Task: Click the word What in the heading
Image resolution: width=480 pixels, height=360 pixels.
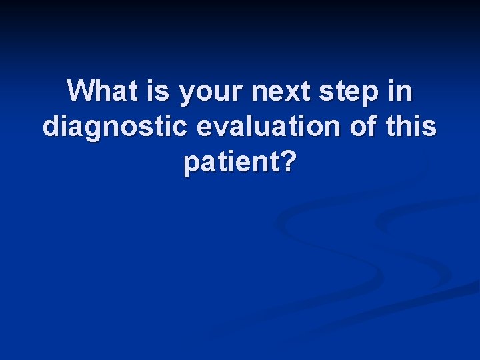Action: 105,91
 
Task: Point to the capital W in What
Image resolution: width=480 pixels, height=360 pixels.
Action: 81,91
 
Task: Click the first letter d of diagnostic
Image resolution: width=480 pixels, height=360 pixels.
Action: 51,127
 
